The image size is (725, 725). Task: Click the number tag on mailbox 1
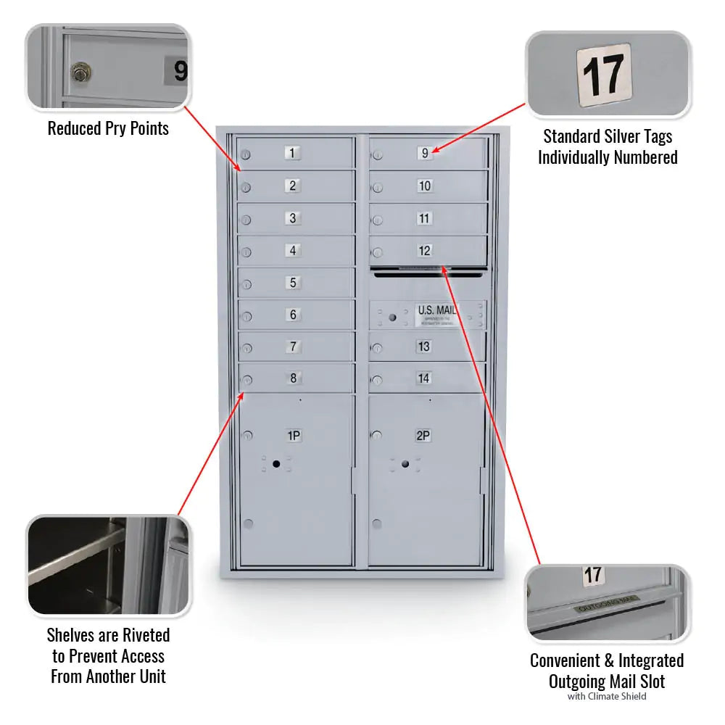tap(292, 153)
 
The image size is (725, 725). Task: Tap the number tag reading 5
tap(293, 283)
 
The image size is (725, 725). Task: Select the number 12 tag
tap(424, 251)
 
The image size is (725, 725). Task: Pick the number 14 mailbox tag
tap(423, 378)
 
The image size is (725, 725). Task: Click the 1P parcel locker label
tap(294, 436)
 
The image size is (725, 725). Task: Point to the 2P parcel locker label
tap(423, 436)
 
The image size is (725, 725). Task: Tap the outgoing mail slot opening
tap(428, 273)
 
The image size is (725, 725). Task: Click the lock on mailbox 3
tap(246, 220)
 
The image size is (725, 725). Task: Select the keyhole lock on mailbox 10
tap(377, 188)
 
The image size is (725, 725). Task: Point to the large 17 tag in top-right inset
tap(604, 74)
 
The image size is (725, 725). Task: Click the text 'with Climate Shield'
tap(607, 697)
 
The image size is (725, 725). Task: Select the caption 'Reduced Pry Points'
tap(108, 129)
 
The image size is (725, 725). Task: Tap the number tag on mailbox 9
tap(425, 153)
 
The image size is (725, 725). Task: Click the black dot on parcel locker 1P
tap(275, 463)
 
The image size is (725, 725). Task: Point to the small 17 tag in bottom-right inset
tap(593, 576)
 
